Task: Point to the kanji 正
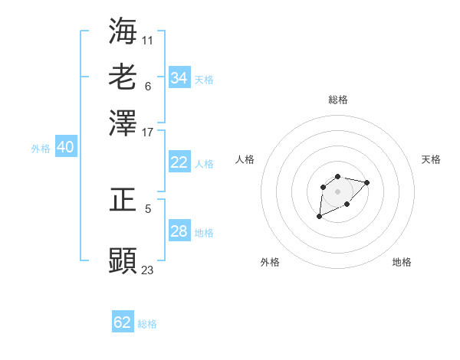123,201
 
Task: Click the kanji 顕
123,260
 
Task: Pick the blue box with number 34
179,78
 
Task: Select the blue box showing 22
179,162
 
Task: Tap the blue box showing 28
179,231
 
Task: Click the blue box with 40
65,148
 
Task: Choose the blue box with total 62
123,322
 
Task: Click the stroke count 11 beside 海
148,39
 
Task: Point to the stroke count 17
148,132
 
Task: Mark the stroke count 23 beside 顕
148,270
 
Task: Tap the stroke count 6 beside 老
148,85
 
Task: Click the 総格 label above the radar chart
338,100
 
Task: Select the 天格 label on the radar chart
431,159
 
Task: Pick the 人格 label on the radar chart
245,159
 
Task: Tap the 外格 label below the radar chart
270,262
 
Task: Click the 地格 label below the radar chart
402,262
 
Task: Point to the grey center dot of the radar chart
338,191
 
